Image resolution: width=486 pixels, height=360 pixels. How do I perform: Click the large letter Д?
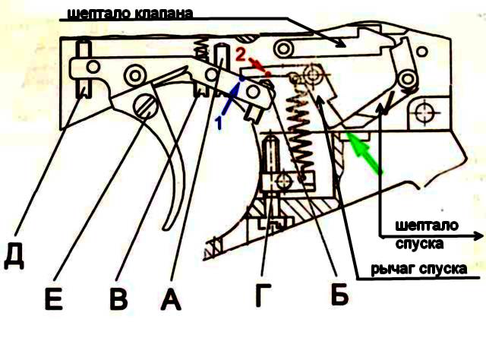click(14, 256)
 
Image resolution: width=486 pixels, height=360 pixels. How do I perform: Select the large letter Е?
click(54, 298)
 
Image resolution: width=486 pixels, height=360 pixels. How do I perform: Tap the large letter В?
click(118, 298)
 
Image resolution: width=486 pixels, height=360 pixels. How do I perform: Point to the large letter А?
click(171, 298)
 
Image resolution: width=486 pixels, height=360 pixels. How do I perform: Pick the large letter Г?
click(264, 295)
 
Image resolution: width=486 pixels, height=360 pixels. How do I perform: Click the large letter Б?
click(339, 294)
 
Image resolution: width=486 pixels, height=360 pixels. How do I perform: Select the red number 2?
click(241, 55)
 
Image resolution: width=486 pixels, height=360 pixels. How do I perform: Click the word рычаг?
click(393, 269)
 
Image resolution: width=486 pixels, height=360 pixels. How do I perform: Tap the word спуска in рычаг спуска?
click(443, 269)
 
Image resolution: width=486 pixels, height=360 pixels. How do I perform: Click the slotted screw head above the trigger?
click(145, 106)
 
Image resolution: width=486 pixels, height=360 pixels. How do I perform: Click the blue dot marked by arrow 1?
click(241, 79)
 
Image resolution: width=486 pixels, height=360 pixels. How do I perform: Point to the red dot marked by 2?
click(268, 74)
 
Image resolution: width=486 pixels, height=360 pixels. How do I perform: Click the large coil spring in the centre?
click(299, 134)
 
